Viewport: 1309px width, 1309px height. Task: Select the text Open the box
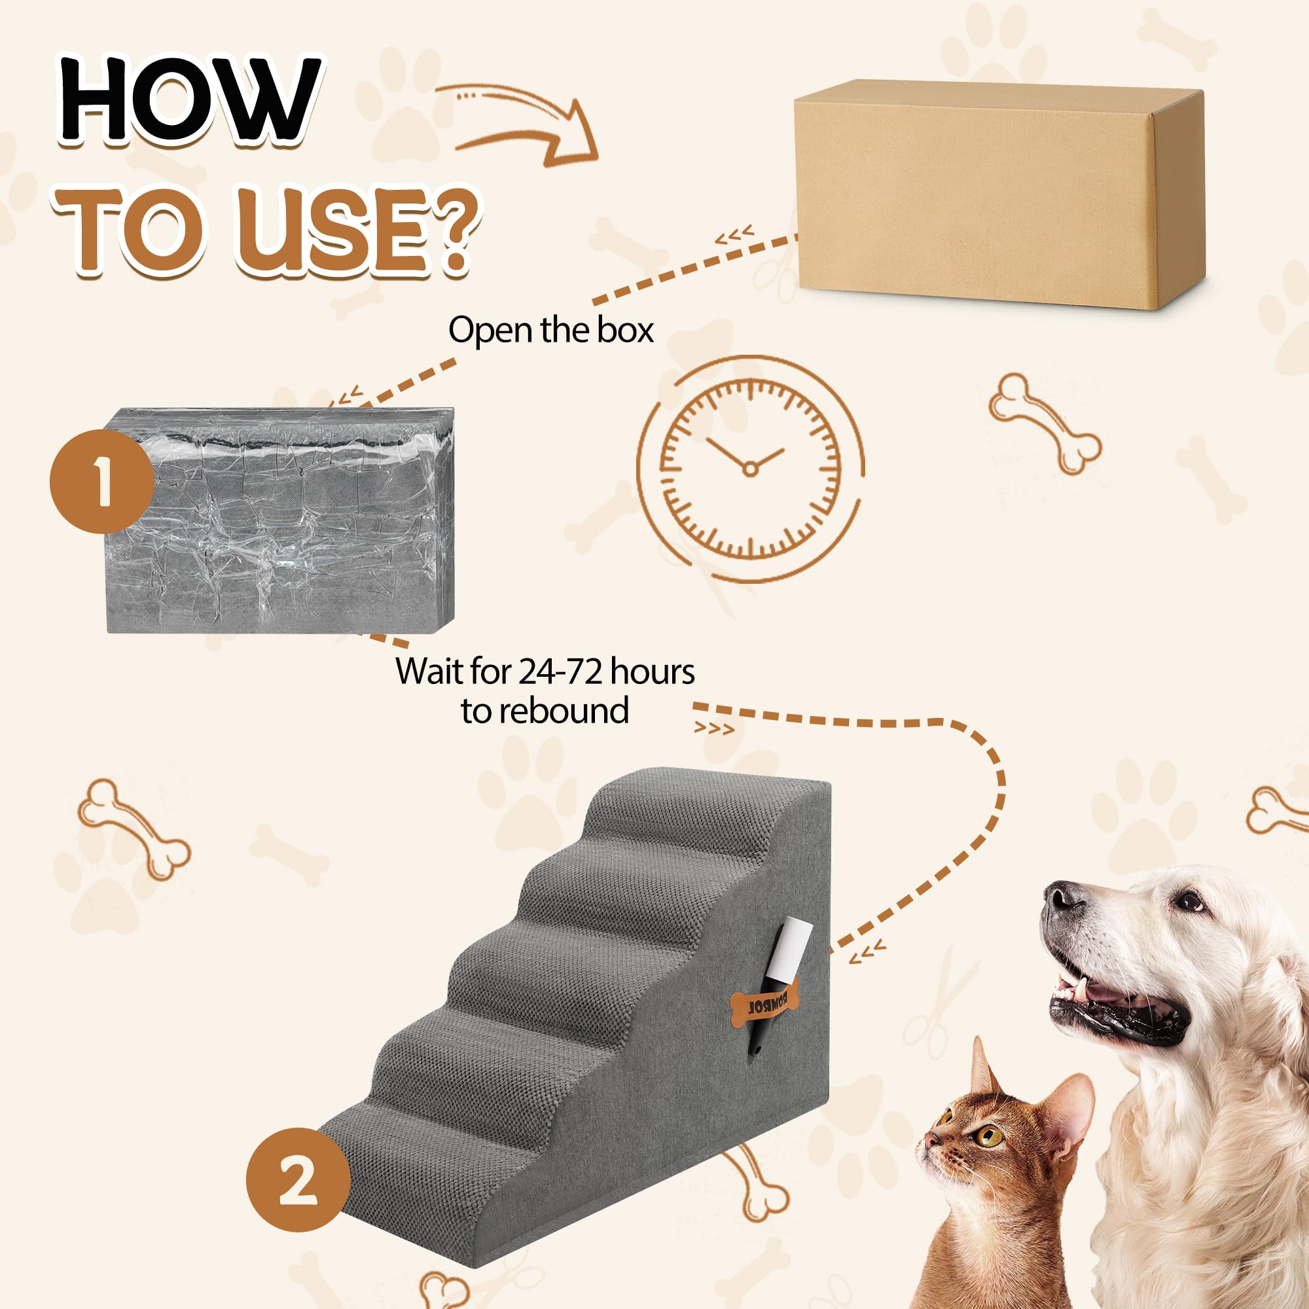[550, 331]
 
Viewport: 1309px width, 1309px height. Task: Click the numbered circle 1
[101, 481]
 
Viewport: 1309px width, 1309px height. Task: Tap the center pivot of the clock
[749, 468]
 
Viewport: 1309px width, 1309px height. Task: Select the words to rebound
[545, 711]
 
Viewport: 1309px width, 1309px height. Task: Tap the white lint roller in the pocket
[789, 949]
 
